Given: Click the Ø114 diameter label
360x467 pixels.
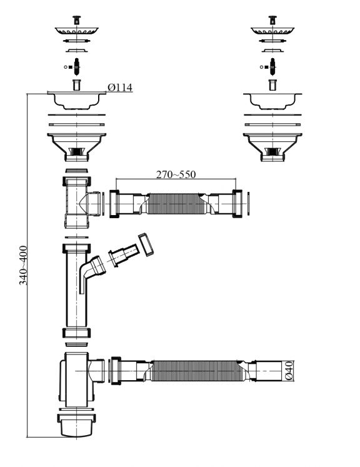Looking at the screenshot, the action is [x=120, y=88].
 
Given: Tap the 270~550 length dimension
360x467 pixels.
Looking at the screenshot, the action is [x=176, y=174].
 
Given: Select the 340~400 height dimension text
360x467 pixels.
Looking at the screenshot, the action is [x=23, y=265].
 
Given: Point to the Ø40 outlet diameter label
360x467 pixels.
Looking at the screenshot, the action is [x=289, y=371].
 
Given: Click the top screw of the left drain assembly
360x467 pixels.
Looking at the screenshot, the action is [x=76, y=20].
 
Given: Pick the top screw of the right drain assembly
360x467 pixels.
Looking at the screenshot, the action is [x=272, y=20].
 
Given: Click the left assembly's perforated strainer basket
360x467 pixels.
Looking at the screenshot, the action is [x=76, y=31].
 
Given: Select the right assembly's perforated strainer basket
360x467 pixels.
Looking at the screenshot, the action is [x=272, y=31].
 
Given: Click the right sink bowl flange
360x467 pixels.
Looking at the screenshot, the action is [x=272, y=101].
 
